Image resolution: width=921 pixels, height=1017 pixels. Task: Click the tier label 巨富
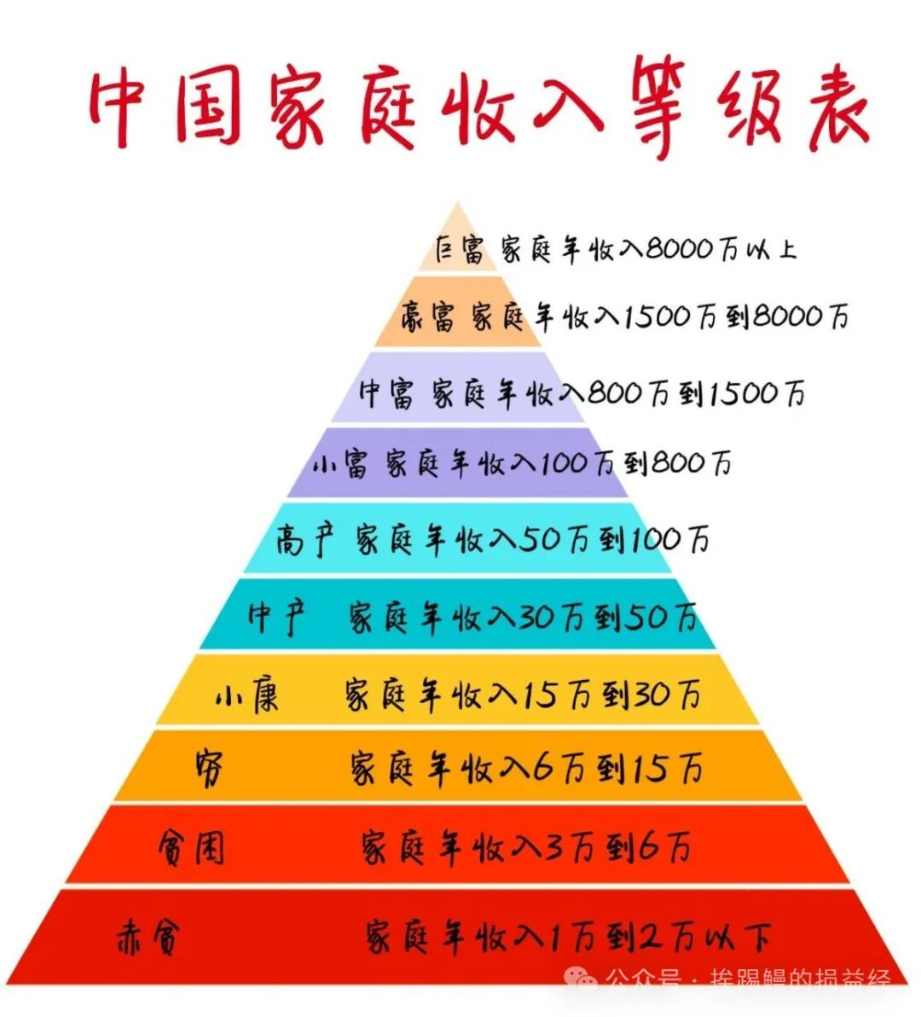(x=459, y=250)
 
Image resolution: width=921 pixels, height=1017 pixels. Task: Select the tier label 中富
(x=386, y=393)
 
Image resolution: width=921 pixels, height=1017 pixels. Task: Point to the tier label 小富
(x=339, y=464)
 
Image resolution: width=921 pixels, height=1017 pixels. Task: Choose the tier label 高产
(x=304, y=540)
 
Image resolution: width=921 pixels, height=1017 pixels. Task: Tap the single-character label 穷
(x=209, y=769)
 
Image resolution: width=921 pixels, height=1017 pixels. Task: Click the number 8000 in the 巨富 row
(x=679, y=249)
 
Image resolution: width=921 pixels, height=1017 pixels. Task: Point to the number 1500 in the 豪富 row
(x=657, y=317)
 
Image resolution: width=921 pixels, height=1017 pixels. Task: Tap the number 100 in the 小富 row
(x=565, y=464)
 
